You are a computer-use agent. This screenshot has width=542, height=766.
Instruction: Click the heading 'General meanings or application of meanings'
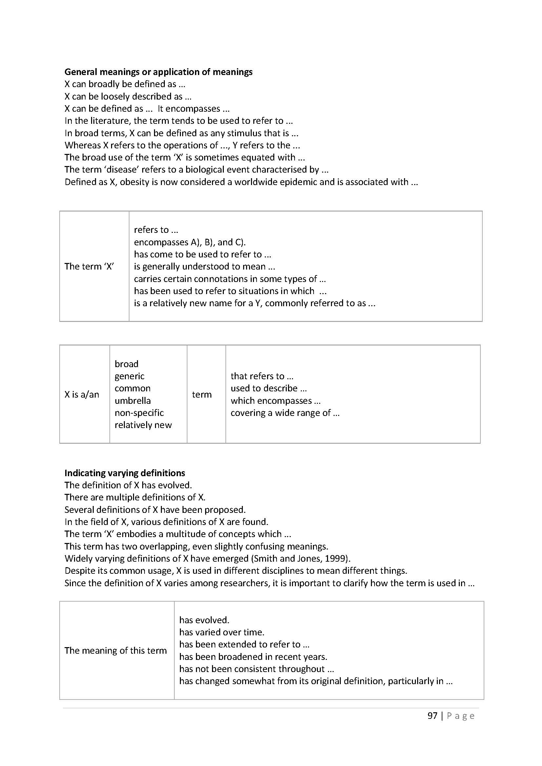158,72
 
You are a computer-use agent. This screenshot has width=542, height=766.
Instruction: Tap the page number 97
432,716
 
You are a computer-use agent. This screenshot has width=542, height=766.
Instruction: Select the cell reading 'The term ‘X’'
89,266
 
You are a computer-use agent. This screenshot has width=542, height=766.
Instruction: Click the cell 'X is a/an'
82,394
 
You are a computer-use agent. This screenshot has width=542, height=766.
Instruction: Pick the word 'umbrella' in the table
132,400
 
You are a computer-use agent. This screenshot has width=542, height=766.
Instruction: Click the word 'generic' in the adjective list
129,376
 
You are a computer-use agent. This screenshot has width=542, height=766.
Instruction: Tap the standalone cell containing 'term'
202,394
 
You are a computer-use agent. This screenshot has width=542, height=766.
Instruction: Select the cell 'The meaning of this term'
115,650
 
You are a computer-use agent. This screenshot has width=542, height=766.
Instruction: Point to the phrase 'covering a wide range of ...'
285,413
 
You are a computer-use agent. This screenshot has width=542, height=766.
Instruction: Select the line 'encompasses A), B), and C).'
189,242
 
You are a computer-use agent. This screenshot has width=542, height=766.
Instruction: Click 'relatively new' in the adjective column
143,425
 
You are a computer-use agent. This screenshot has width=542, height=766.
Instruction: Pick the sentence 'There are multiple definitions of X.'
135,497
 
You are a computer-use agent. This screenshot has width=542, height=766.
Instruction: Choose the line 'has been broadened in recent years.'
253,657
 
